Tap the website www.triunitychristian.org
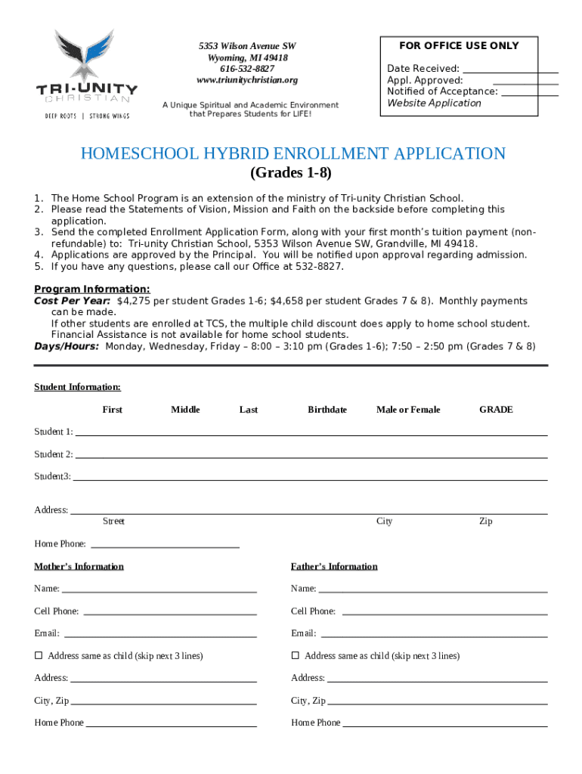247,80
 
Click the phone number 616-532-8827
247,69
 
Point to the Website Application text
434,103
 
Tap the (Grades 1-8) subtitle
290,173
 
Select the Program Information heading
92,289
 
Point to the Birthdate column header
327,410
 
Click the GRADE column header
496,410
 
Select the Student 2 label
53,454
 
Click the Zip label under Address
485,522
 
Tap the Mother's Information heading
79,566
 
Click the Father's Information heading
334,566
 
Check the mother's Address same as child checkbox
39,655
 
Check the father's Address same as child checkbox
296,655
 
